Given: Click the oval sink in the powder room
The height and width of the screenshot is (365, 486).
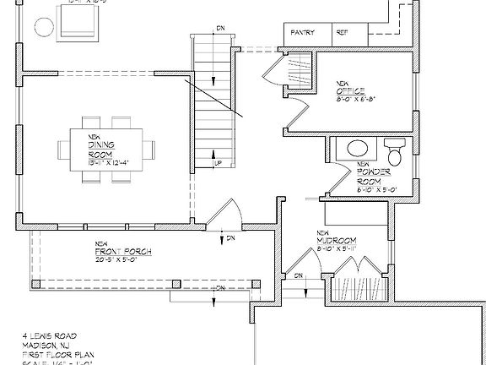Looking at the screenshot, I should pyautogui.click(x=356, y=149).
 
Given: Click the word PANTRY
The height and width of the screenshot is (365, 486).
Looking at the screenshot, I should pyautogui.click(x=303, y=33).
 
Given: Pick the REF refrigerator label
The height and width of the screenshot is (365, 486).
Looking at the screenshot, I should pyautogui.click(x=342, y=33).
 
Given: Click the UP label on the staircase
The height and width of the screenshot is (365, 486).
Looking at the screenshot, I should pyautogui.click(x=218, y=163).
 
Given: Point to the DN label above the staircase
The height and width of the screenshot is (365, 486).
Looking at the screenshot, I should pyautogui.click(x=219, y=29).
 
